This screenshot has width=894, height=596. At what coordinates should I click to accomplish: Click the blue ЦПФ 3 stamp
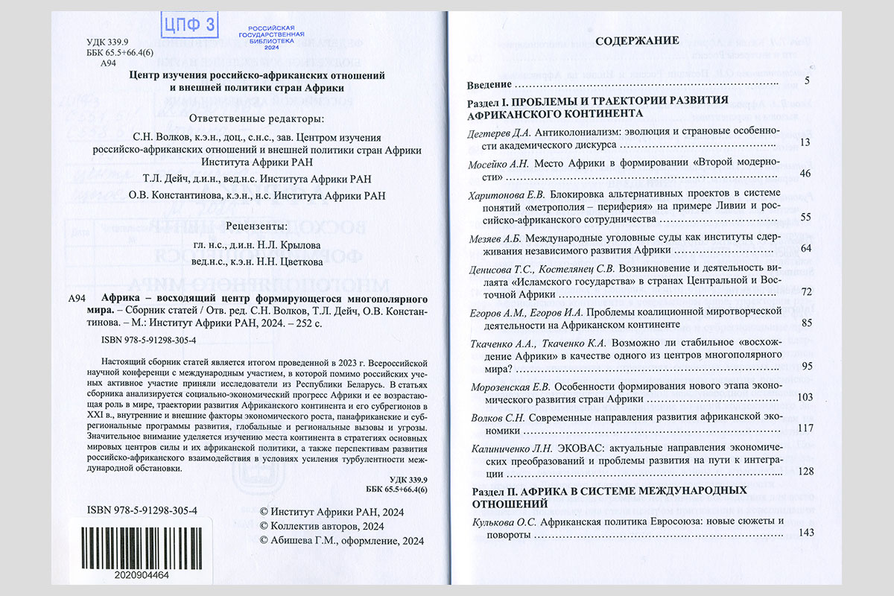coord(188,25)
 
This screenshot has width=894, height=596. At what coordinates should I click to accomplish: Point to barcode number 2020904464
coord(142,575)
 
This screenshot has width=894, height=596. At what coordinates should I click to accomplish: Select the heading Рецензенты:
coord(256,225)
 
